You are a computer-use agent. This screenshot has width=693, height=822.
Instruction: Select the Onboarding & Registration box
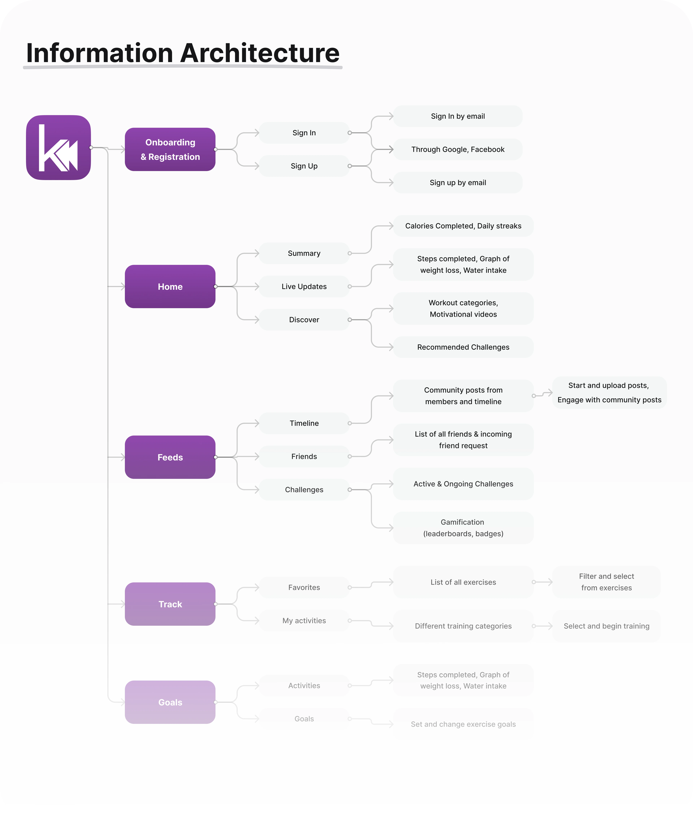point(170,149)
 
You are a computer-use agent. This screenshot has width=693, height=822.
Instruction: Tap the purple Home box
point(170,286)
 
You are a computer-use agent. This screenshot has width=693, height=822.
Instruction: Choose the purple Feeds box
point(170,457)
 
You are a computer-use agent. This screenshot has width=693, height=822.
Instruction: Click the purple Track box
point(170,604)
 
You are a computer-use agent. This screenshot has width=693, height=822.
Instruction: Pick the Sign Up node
point(304,166)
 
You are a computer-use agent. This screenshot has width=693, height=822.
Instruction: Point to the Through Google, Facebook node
point(458,149)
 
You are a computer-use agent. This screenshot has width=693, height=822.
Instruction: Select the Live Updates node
point(304,286)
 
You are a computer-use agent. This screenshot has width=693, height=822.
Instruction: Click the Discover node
point(304,320)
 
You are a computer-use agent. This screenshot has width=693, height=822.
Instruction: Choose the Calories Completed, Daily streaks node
point(463,226)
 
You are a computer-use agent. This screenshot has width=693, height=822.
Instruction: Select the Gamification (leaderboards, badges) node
point(463,528)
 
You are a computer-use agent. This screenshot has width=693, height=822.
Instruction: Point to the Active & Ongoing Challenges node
point(463,484)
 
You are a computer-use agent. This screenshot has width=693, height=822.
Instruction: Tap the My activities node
point(304,620)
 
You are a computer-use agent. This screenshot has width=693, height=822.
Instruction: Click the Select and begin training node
point(606,626)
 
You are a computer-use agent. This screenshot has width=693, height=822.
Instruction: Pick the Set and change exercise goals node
point(463,724)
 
